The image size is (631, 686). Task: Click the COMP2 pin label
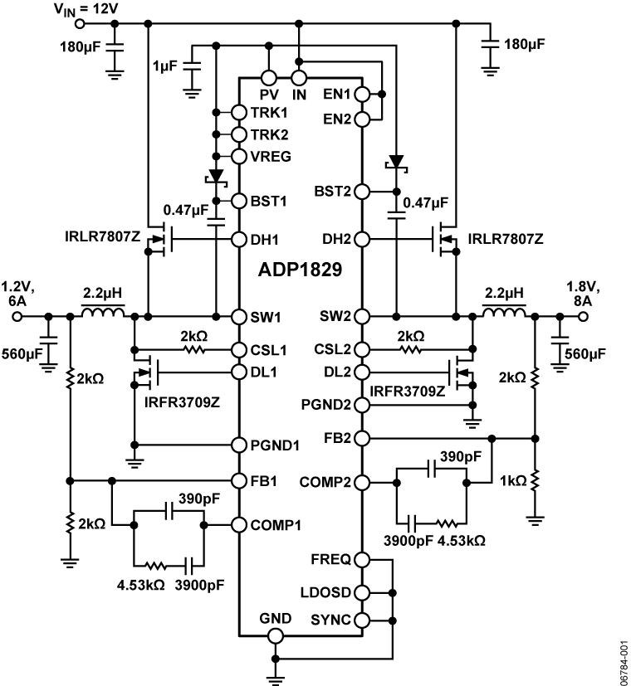pyautogui.click(x=330, y=482)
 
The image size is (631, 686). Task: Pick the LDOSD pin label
pyautogui.click(x=328, y=592)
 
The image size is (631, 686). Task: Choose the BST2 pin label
pyautogui.click(x=332, y=192)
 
